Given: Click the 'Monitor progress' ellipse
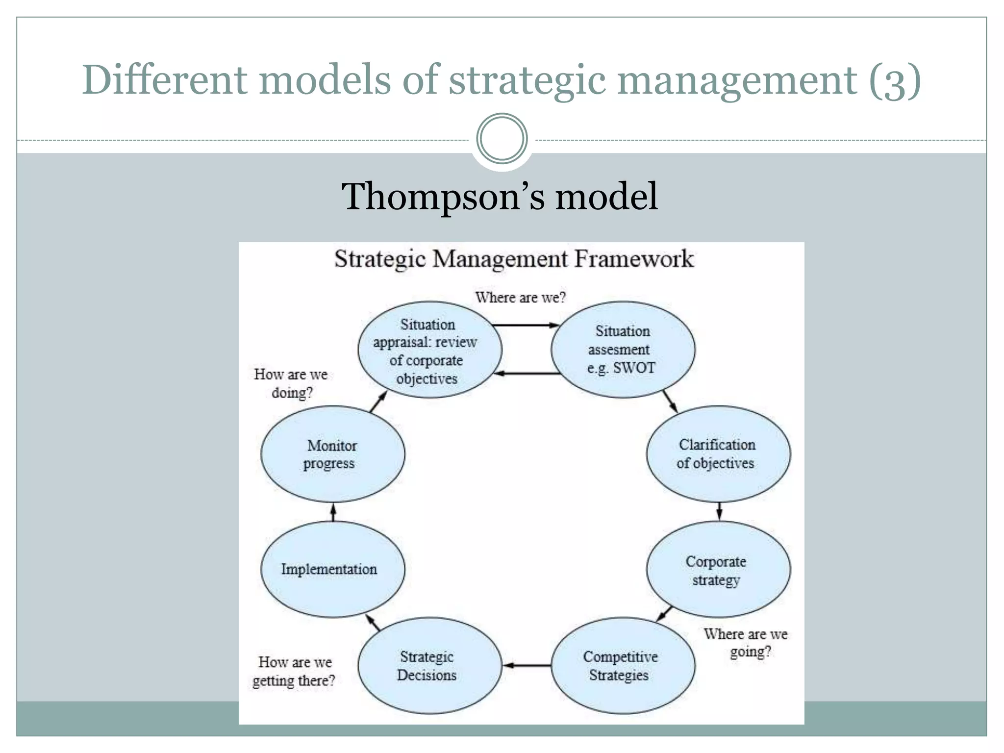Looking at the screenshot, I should pos(332,454).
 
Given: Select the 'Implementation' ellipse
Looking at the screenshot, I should pos(332,569).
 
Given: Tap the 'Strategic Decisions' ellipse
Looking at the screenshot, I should pos(429,665).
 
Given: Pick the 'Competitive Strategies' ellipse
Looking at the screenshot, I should pos(623,665).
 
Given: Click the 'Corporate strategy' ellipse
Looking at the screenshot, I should pos(718,569).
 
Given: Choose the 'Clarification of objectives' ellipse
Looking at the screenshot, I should pos(718,454).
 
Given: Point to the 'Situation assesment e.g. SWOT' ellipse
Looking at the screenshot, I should pos(623,350).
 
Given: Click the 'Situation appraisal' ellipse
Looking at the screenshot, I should pos(429,350).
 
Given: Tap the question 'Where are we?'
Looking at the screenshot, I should pos(520,298).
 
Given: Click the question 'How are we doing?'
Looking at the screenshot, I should pos(291,383).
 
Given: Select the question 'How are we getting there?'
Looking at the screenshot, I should pos(294,671).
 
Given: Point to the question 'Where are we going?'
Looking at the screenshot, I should pos(746,643).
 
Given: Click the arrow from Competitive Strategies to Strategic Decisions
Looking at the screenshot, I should pos(527,665).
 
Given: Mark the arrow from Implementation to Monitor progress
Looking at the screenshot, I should pos(333,512).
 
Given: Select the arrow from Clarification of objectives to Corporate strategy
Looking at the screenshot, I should pos(719,511).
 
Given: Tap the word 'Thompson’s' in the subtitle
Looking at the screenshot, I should pos(443,196).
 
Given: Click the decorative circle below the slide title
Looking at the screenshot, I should pos(502,139).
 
